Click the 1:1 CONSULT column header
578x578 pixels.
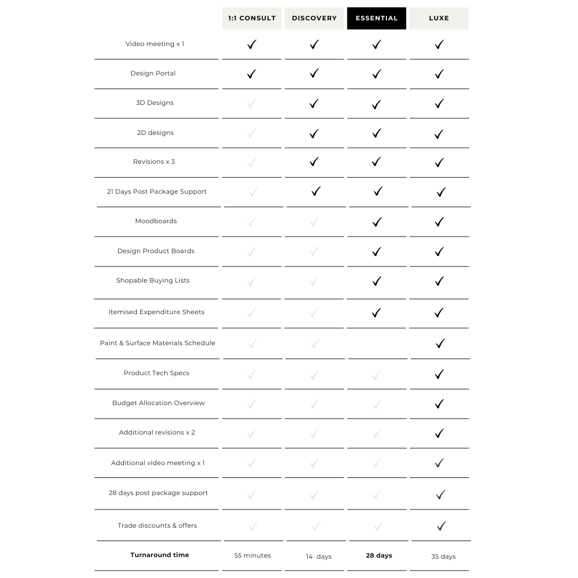click(x=252, y=18)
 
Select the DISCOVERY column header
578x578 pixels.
click(x=314, y=18)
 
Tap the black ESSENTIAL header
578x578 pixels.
click(x=377, y=18)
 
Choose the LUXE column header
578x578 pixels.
click(x=439, y=18)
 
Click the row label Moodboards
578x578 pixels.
click(x=156, y=221)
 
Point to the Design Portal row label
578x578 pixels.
click(x=153, y=73)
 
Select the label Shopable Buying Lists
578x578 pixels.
click(x=153, y=280)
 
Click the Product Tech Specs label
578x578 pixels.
click(x=156, y=373)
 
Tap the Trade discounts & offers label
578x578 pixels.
click(x=157, y=526)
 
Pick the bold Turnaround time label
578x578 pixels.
click(x=159, y=555)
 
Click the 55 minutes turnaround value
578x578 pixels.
click(x=253, y=556)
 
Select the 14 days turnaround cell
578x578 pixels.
click(x=318, y=557)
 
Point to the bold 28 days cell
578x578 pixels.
click(x=379, y=556)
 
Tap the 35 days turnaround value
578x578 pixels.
click(x=443, y=557)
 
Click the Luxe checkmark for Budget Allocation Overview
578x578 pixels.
click(x=439, y=404)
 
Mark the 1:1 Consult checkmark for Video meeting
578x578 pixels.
click(x=252, y=44)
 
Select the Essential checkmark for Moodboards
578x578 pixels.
click(x=377, y=222)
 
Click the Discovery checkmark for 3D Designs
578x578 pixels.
click(x=314, y=103)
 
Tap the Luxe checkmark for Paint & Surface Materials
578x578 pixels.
click(x=440, y=344)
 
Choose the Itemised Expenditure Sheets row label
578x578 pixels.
click(x=156, y=312)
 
